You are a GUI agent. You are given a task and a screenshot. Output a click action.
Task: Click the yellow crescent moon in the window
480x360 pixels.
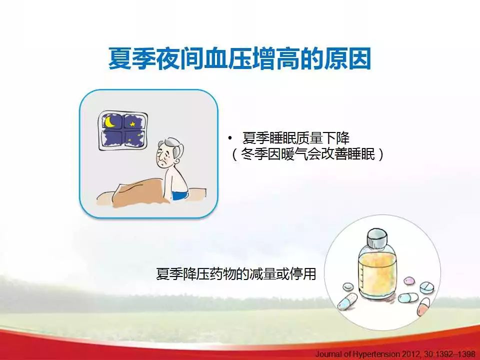(x=108, y=123)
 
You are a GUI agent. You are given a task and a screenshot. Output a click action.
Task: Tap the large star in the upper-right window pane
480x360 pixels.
(x=132, y=124)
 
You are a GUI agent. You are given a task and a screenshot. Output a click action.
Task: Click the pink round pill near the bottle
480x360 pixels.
(x=409, y=280)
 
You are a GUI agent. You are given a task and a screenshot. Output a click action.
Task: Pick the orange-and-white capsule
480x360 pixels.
(x=423, y=306)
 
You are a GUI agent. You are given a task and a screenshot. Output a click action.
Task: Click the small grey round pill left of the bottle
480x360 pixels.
(x=348, y=287)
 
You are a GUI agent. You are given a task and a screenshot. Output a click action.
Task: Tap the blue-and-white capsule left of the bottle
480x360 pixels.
(x=347, y=301)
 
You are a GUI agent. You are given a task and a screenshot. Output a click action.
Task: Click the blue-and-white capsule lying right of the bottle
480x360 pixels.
(x=408, y=297)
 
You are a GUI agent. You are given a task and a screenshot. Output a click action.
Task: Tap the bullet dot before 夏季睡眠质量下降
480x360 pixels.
(x=230, y=138)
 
